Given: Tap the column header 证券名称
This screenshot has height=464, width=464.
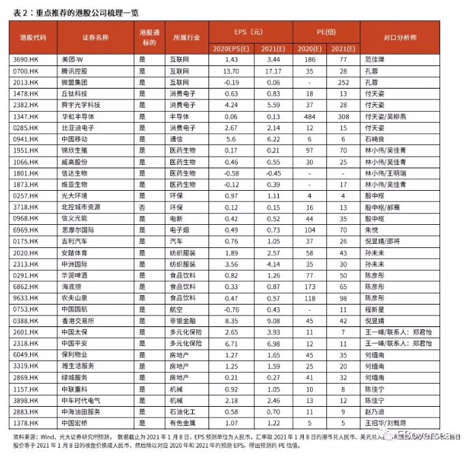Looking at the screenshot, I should [95, 37].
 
